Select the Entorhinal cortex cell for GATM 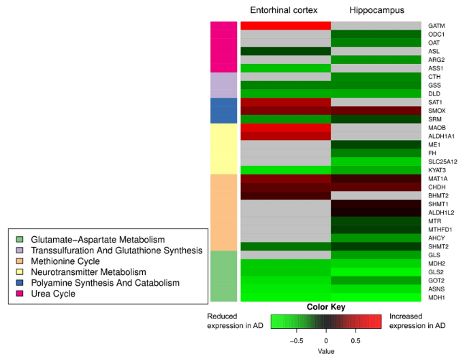click(x=285, y=25)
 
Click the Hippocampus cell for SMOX click(x=375, y=110)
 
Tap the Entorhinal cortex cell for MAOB click(x=285, y=127)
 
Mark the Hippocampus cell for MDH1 click(x=375, y=297)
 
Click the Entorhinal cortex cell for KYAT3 click(x=285, y=170)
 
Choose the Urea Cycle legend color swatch click(x=20, y=294)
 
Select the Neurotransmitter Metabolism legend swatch click(x=20, y=272)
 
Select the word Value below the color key click(x=325, y=351)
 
